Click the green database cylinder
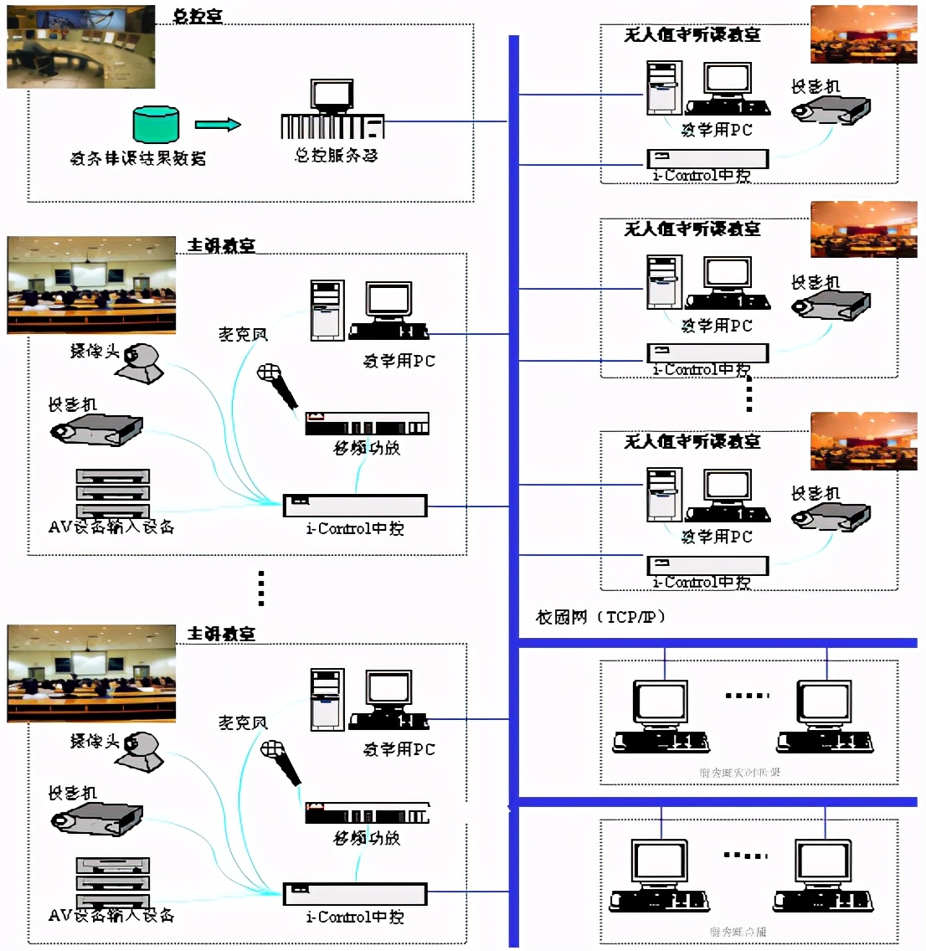pyautogui.click(x=156, y=124)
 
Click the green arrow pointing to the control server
pyautogui.click(x=218, y=125)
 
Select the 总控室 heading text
pyautogui.click(x=198, y=16)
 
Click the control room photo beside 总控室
pyautogui.click(x=80, y=46)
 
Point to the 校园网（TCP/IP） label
pyautogui.click(x=600, y=617)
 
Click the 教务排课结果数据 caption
pyautogui.click(x=138, y=157)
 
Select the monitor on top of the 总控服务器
pyautogui.click(x=332, y=95)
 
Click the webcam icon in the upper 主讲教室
pyautogui.click(x=141, y=362)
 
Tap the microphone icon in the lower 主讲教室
pyautogui.click(x=280, y=759)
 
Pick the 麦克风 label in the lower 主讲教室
pyautogui.click(x=242, y=722)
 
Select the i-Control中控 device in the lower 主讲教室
pyautogui.click(x=355, y=893)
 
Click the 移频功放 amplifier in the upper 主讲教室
pyautogui.click(x=367, y=423)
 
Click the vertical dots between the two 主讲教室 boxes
pyautogui.click(x=261, y=588)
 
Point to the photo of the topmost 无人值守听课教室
pyautogui.click(x=863, y=34)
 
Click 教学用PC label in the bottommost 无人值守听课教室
pyautogui.click(x=717, y=537)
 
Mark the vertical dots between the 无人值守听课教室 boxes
pyautogui.click(x=749, y=393)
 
